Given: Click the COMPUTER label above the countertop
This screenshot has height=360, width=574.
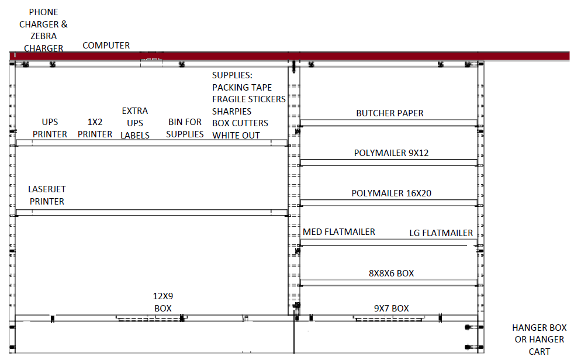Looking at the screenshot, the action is click(x=106, y=46).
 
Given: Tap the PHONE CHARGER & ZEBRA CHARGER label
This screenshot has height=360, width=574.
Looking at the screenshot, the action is click(x=43, y=30).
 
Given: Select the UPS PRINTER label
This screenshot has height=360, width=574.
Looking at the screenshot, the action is click(x=50, y=128).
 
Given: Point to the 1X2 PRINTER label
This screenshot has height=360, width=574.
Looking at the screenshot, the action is click(x=95, y=128).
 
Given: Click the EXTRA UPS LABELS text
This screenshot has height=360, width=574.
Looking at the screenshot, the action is click(x=134, y=123).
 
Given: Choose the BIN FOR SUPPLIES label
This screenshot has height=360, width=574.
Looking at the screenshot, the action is click(x=185, y=128).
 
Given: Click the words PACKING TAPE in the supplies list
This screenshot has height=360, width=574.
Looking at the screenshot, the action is click(x=242, y=88).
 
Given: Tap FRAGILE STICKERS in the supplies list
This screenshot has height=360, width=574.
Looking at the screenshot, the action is click(x=249, y=99).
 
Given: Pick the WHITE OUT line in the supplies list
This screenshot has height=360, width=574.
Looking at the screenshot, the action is click(x=236, y=136).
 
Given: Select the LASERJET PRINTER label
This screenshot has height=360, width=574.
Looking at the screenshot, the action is click(x=47, y=195).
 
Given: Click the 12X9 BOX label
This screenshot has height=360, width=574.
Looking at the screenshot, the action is click(x=163, y=302).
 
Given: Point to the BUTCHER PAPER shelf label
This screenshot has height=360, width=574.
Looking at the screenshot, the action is click(x=390, y=113).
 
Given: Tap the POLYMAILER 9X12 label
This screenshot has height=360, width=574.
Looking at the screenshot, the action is click(x=391, y=153).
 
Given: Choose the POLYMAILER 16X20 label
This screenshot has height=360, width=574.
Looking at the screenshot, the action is click(x=391, y=193).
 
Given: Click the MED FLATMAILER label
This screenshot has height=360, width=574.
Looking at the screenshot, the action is click(x=339, y=232).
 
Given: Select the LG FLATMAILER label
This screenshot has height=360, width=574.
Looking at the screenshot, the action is click(x=441, y=233).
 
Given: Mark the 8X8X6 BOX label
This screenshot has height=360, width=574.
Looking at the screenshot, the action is click(x=391, y=274).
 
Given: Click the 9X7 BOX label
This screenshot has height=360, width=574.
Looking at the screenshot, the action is click(x=391, y=309).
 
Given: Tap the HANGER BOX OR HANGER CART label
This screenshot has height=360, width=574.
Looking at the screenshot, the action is click(x=540, y=340).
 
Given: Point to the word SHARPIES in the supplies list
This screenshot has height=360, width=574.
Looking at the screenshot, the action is click(x=231, y=111).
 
